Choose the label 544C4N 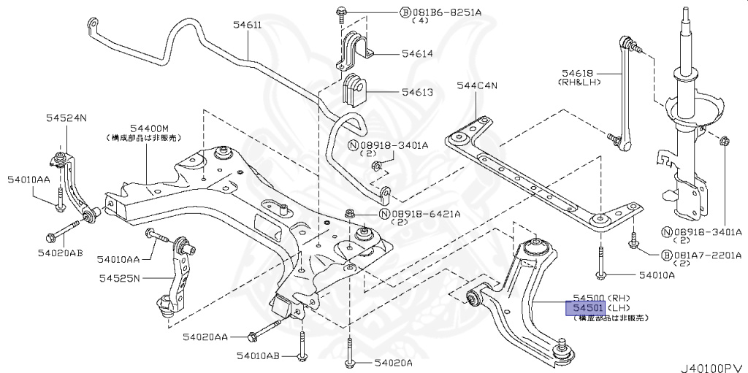[x=476, y=86]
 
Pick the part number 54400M [x=149, y=127]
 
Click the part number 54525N [x=120, y=277]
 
